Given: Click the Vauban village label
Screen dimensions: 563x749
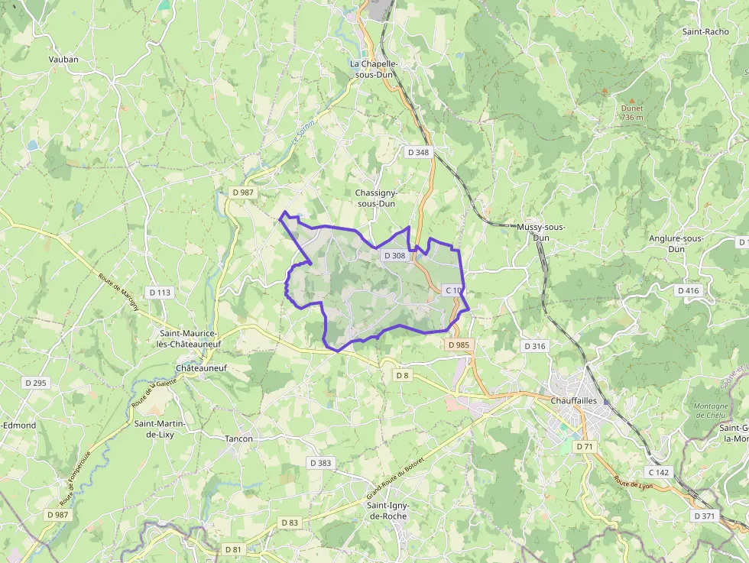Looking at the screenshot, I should pos(63,59).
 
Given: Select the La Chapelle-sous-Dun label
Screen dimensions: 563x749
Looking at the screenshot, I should pos(374,69).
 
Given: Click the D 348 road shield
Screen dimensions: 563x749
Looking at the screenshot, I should pos(418,152).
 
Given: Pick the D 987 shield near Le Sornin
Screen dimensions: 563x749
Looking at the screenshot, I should pos(242,192).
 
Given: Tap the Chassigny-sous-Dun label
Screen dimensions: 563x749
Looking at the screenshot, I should pos(375,199).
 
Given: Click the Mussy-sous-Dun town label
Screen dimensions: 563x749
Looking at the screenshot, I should pos(541,232).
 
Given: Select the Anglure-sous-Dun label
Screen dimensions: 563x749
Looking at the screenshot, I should pos(676,244).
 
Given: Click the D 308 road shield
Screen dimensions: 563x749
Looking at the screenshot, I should pos(394,255).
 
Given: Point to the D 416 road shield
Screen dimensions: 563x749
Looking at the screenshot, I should pos(688,290).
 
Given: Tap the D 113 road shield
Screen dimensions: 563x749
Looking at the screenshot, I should pos(160,292).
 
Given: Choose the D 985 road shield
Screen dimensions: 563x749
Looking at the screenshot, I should pos(459,345).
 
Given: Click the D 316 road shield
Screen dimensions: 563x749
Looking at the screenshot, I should pos(535,346).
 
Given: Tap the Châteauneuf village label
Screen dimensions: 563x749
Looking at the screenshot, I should pos(202,367).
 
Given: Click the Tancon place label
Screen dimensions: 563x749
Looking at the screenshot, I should pos(238,438).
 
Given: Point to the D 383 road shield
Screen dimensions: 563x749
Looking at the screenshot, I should pos(321,463).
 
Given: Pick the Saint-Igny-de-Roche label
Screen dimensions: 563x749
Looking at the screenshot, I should pos(387,510).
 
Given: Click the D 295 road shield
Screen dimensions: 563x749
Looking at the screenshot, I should pos(36,383).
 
